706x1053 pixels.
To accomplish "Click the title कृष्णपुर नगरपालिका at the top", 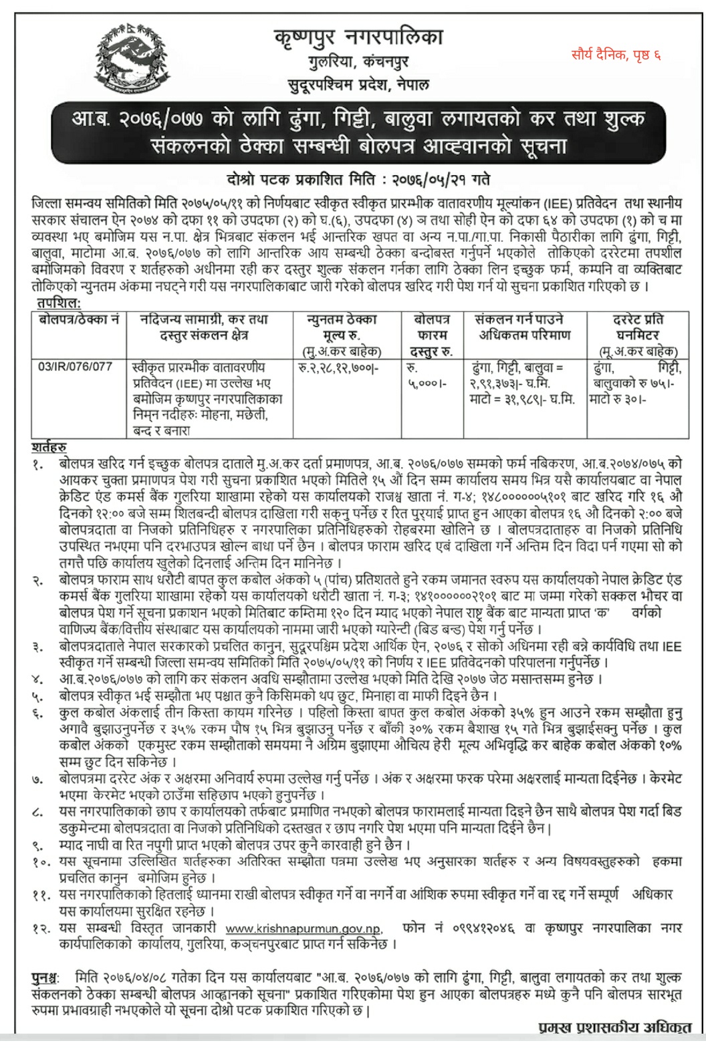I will tap(358, 36).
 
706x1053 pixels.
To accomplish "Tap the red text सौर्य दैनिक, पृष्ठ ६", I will tap(616, 54).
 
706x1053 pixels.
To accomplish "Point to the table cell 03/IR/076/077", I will tap(75, 366).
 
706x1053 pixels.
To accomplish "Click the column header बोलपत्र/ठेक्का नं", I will tap(79, 319).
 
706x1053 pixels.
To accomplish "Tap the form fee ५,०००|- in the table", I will tap(427, 384).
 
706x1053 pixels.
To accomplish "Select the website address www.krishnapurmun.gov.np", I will tap(304, 929).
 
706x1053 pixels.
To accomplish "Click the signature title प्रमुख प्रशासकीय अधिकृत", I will tap(614, 1028).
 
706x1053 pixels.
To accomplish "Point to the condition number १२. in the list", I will tap(41, 929).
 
